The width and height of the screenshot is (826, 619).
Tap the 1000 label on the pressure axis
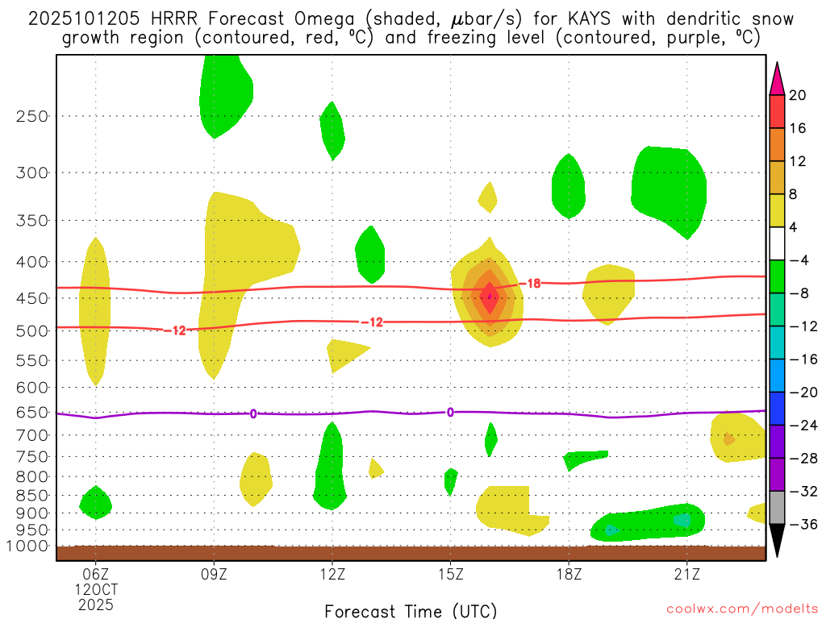28,546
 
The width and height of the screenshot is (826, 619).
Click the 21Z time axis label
686,574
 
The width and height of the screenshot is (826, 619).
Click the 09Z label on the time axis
214,574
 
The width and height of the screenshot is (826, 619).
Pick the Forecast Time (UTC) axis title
411,610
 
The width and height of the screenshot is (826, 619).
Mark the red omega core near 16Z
489,297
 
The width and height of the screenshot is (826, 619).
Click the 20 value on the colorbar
798,95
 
